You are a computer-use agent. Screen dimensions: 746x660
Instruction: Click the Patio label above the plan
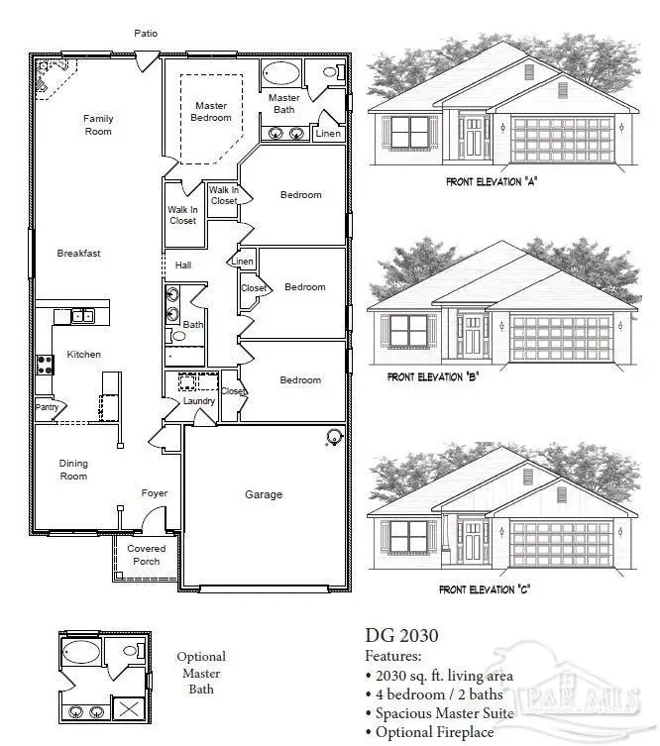point(146,34)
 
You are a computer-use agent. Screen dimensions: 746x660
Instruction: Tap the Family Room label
point(98,125)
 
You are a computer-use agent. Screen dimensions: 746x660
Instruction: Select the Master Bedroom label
point(210,112)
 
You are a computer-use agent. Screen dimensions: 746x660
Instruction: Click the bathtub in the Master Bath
point(280,73)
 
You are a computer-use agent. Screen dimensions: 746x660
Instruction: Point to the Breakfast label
point(78,254)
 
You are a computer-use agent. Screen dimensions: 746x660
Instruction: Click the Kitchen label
point(84,355)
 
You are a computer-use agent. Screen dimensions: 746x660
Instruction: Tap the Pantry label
point(47,406)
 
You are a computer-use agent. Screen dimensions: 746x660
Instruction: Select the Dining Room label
point(73,470)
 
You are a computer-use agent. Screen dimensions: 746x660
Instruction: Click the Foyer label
point(155,493)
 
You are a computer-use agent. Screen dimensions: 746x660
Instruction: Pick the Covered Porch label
point(146,555)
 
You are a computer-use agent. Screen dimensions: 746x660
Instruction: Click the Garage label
point(264,494)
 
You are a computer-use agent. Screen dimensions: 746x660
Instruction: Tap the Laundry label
point(199,401)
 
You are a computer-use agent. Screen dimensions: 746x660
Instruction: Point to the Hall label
point(183,266)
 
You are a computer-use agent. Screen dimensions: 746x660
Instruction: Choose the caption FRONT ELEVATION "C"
point(485,589)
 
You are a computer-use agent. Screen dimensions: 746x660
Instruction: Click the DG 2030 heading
point(401,636)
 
